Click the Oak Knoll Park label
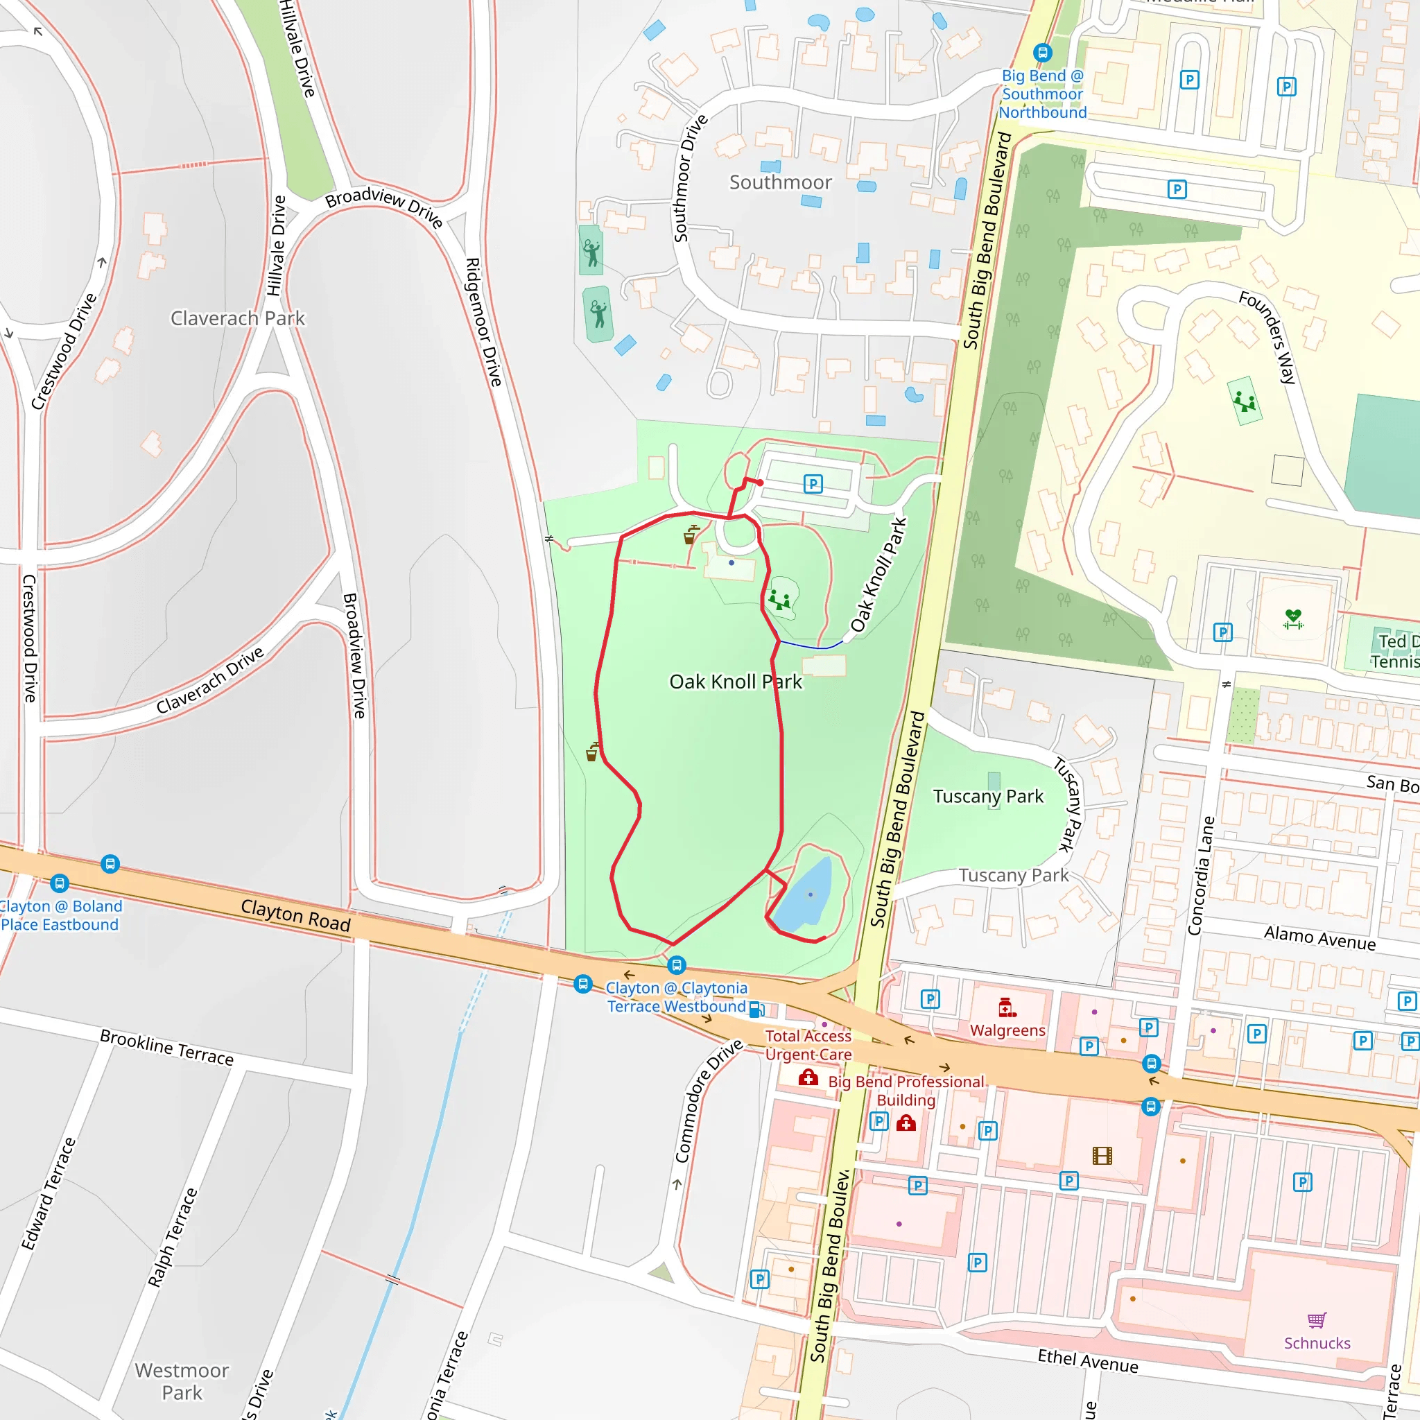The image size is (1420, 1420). point(735,682)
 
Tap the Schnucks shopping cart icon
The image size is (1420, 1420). point(1317,1320)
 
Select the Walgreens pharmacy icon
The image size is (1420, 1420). point(1007,1007)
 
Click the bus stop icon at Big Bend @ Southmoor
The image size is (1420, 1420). point(1042,53)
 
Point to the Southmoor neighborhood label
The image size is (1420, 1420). point(780,182)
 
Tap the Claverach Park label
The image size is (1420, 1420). point(237,318)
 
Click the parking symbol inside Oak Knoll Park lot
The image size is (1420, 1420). point(812,484)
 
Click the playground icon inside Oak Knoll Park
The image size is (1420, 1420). point(779,600)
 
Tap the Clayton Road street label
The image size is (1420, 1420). point(295,916)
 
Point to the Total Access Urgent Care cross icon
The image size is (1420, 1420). point(808,1078)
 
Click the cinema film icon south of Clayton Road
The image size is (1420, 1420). point(1102,1156)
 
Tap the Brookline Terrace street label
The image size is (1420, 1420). point(167,1048)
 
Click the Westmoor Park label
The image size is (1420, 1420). point(182,1381)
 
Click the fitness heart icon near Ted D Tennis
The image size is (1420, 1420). point(1293,619)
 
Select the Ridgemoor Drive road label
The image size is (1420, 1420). point(484,322)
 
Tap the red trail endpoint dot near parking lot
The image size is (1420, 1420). point(760,483)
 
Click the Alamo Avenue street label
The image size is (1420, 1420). point(1319,938)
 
